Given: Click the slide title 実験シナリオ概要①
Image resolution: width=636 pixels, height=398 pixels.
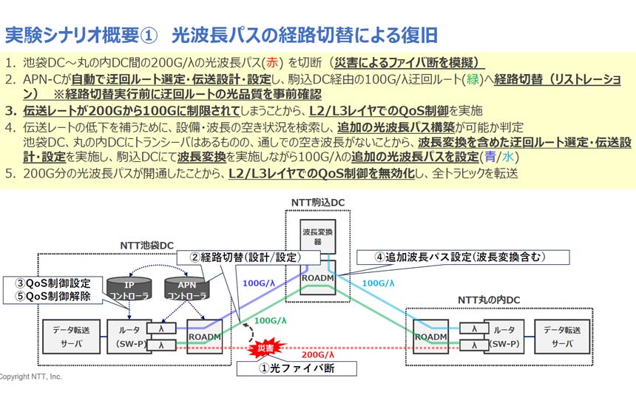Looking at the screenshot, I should pyautogui.click(x=82, y=35).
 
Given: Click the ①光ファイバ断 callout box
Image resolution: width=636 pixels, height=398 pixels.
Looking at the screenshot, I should pyautogui.click(x=298, y=368).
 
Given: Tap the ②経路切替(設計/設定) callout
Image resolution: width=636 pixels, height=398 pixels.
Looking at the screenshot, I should pyautogui.click(x=249, y=257).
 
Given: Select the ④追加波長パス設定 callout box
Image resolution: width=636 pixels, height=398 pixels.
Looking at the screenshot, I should pyautogui.click(x=463, y=257).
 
